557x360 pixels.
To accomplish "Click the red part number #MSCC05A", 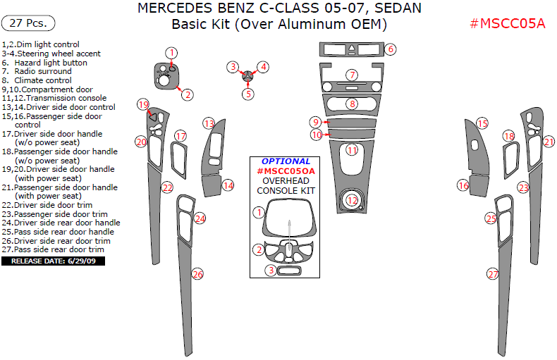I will point(508,24).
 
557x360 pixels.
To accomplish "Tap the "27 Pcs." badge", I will point(29,23).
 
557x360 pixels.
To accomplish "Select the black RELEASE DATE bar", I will point(54,261).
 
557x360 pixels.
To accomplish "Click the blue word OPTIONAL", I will point(286,161).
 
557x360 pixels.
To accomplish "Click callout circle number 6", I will point(390,49).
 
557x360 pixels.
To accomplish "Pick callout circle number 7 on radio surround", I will point(352,75).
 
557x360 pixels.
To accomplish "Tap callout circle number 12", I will point(352,200).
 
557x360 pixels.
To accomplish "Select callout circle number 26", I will point(197,274).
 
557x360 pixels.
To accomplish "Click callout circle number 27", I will point(493,274).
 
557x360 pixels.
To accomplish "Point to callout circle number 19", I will point(143,105).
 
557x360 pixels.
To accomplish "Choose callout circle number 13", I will point(209,123).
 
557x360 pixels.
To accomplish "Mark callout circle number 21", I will point(549,142).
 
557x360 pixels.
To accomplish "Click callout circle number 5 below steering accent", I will point(248,93).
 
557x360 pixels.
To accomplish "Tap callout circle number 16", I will point(463,185).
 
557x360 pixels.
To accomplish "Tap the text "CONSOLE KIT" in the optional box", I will point(286,191).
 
